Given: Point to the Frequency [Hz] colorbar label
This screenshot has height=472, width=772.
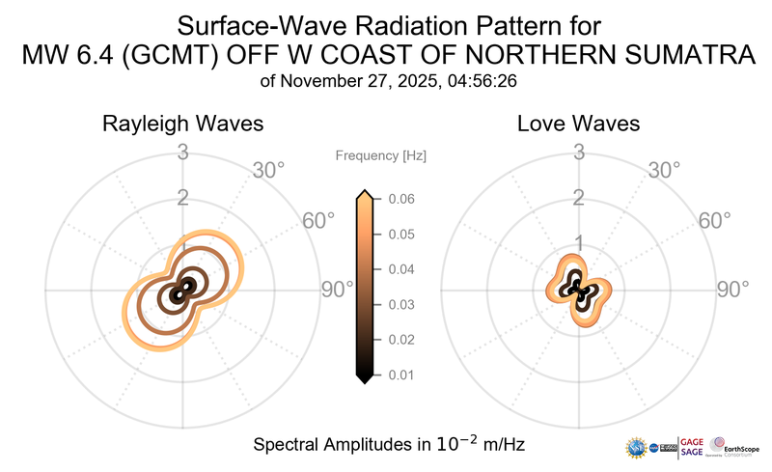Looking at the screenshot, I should (x=381, y=155).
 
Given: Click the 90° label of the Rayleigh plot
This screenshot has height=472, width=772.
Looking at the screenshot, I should (x=339, y=290).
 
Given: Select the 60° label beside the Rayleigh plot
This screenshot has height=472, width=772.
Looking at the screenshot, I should (x=319, y=221).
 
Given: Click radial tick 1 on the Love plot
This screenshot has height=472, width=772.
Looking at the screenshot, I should (x=579, y=242).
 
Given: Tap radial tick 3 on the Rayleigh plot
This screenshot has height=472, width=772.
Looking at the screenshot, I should (x=182, y=152).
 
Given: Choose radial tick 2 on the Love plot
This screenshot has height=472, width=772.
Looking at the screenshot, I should (x=579, y=198).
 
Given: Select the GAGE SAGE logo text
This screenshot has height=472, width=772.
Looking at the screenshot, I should (x=693, y=446).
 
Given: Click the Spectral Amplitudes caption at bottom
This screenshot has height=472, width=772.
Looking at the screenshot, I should (x=389, y=444).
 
